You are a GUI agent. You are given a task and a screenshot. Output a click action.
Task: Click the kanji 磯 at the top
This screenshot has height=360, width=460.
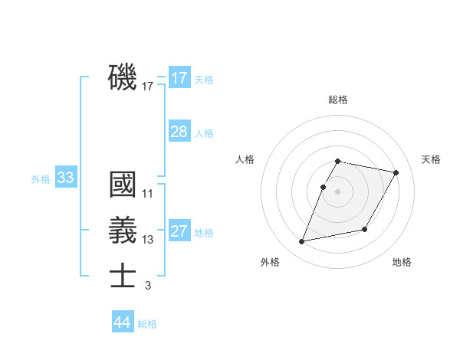click(123, 78)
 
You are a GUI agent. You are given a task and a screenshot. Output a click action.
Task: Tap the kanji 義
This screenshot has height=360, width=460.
click(123, 231)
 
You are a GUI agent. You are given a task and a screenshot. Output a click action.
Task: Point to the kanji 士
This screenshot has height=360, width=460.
click(123, 277)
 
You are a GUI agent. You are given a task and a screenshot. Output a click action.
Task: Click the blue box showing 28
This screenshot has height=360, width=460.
click(179, 132)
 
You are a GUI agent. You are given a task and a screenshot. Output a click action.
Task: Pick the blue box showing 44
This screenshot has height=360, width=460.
click(123, 322)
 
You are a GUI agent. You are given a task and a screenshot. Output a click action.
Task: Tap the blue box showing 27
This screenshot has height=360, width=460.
click(179, 231)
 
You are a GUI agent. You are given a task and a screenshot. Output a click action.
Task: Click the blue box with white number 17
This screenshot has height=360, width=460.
click(179, 78)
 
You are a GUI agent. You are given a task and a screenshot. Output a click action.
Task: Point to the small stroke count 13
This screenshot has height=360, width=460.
click(148, 240)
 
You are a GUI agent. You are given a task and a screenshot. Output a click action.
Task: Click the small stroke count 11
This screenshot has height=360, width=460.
click(148, 194)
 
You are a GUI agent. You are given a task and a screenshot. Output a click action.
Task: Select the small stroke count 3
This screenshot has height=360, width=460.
click(148, 286)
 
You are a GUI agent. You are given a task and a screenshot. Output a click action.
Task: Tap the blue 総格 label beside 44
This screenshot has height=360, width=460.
click(147, 324)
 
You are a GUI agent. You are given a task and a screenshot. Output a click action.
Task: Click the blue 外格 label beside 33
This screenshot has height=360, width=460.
click(41, 179)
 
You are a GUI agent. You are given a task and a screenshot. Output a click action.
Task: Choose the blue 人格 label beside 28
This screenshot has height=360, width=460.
click(204, 133)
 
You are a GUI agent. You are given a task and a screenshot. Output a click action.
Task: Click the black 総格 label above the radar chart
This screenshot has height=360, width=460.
click(338, 100)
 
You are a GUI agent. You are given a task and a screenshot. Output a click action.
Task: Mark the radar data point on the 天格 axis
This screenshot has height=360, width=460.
click(396, 173)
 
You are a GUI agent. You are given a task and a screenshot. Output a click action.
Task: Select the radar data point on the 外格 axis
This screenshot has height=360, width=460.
click(302, 242)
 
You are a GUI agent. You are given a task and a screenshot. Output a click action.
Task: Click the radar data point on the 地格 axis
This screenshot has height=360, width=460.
click(365, 230)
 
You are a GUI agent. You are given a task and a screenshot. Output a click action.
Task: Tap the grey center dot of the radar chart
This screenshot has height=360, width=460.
click(338, 191)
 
